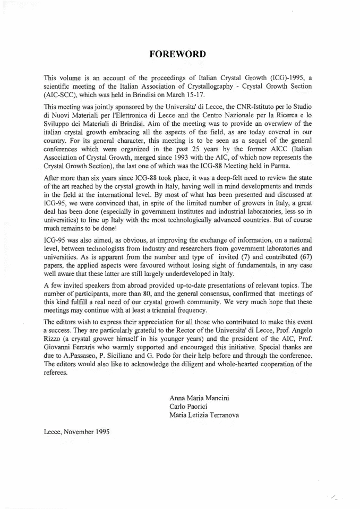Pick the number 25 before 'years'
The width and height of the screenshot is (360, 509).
[187, 148]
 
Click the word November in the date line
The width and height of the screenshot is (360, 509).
[77, 432]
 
